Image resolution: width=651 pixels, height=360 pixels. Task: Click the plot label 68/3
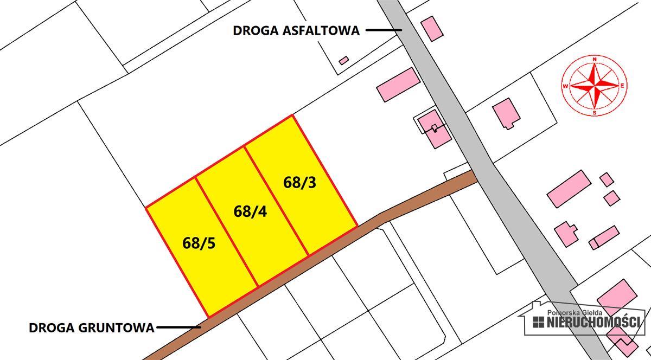pos(299,183)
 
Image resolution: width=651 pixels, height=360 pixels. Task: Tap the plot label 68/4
pos(250,211)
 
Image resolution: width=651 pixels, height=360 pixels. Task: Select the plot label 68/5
pos(199,243)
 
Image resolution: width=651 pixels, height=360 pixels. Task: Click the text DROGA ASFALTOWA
pos(296,30)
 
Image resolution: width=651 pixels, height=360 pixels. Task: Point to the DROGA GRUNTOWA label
pos(91,327)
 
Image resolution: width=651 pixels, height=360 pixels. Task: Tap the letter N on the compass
pos(595,59)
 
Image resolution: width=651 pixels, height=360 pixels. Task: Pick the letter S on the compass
pos(595,113)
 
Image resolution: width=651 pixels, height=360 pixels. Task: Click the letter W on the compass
pos(566,86)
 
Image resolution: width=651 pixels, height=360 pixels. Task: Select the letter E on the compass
pos(623,86)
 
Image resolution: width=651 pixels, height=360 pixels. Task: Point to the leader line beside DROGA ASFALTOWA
pos(383,30)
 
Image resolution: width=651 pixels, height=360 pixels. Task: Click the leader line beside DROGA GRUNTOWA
pos(178,327)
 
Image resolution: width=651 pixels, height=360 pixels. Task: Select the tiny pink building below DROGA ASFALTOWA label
pos(343,60)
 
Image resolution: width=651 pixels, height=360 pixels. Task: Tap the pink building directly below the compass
pos(506,113)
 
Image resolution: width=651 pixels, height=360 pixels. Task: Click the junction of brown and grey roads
pos(473,176)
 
